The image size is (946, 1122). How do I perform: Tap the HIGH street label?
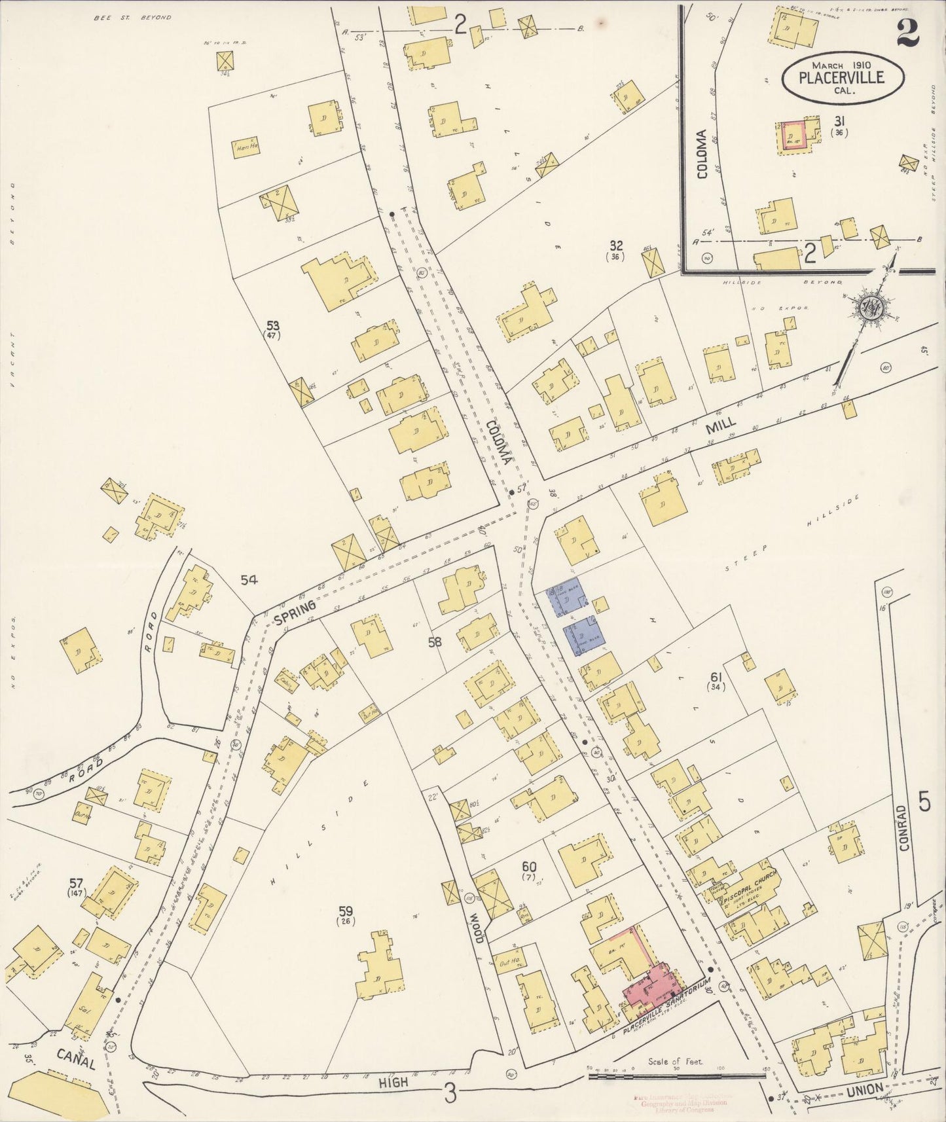(393, 1083)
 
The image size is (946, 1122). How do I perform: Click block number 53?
(272, 325)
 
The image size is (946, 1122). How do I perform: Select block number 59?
(346, 910)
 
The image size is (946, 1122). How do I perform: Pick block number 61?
(716, 676)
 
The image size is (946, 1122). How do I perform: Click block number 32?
(615, 246)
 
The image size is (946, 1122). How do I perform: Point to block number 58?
(435, 642)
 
